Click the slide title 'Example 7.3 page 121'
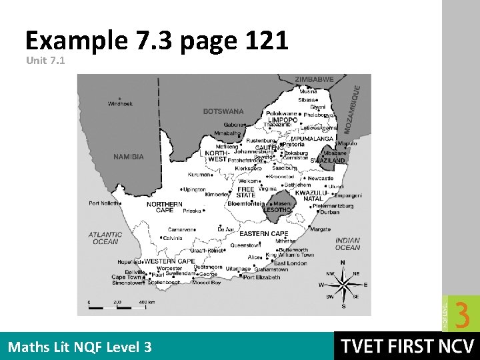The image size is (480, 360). coord(157,41)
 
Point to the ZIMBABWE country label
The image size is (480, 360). coord(314,79)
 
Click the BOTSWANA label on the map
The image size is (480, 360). coord(223,111)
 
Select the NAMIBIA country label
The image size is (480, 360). coord(129,157)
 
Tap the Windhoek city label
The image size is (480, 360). coord(121,103)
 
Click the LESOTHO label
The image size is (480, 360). coord(277,210)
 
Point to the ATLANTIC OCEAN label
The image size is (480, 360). coord(105,238)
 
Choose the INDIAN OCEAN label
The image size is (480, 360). coord(347,243)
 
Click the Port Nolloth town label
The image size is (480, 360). coord(103,203)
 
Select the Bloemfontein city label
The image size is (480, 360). coord(247,203)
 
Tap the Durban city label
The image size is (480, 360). coord(329,212)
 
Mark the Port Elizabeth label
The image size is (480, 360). coord(262,277)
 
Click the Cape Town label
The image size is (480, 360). coord(127,277)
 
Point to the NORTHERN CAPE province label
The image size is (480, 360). coord(165,207)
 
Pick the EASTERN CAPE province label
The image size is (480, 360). coord(263,234)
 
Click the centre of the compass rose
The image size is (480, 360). coord(344,285)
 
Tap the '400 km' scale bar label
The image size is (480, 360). coord(147,302)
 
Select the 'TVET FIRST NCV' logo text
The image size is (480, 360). coord(407,347)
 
